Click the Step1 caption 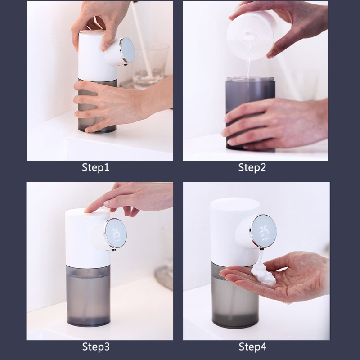pos(95,168)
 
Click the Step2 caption pos(252,168)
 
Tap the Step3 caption pos(95,347)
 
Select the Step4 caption pos(252,347)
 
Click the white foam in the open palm pos(264,274)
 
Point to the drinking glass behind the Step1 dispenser pos(153,63)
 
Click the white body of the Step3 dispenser pos(83,238)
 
